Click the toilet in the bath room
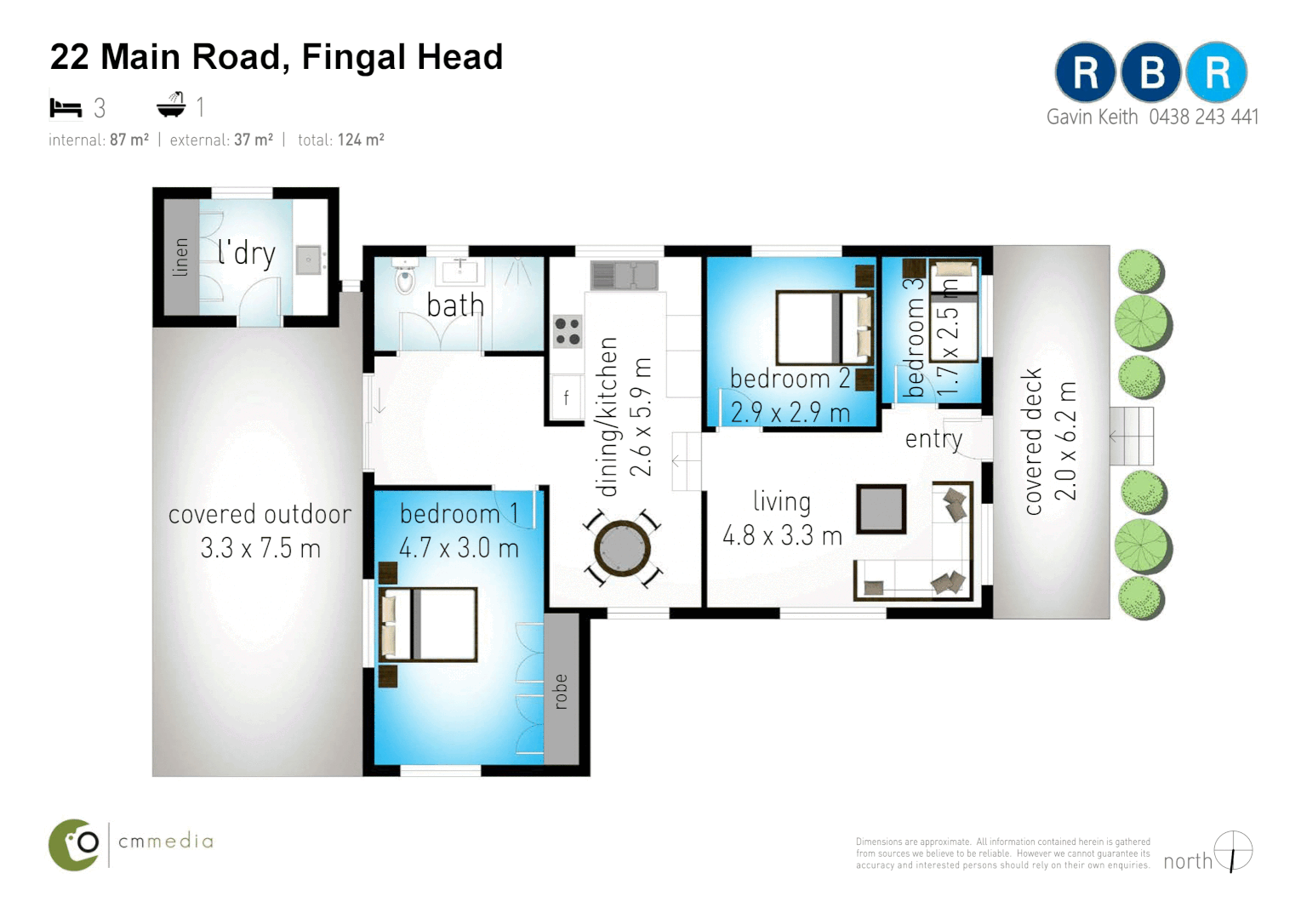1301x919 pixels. [405, 277]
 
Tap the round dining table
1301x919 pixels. [623, 549]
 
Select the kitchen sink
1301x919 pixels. [625, 275]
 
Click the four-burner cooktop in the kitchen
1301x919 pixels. [567, 331]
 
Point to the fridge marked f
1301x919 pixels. [566, 397]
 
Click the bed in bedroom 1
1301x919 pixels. [427, 624]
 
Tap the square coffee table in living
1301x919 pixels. [881, 509]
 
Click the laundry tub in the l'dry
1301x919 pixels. [308, 260]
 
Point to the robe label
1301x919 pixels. [561, 691]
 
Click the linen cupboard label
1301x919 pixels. [180, 257]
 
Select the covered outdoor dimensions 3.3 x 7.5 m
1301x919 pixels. [260, 549]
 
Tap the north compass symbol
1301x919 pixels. [1233, 851]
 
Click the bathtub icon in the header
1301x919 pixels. [171, 106]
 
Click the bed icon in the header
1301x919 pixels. [66, 107]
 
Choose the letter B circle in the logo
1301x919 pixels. [1150, 72]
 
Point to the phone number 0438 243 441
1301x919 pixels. [1203, 117]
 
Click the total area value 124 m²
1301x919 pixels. [361, 140]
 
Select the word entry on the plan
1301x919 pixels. [933, 439]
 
